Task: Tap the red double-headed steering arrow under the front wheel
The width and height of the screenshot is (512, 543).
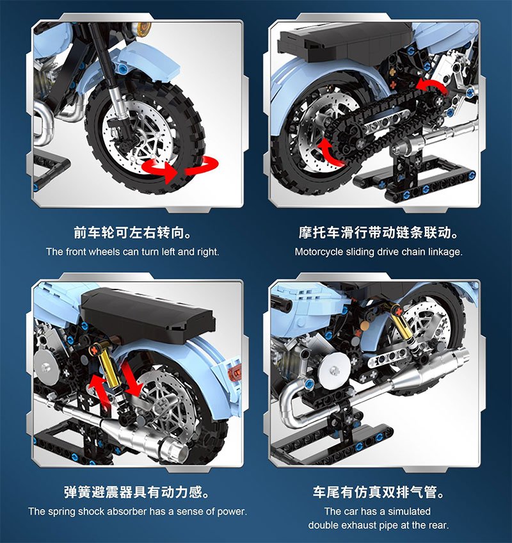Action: tap(180, 170)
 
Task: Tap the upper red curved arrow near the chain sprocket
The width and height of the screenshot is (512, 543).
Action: tap(431, 86)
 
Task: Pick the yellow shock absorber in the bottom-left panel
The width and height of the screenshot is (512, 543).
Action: tap(108, 369)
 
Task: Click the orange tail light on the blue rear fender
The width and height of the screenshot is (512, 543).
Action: tap(236, 371)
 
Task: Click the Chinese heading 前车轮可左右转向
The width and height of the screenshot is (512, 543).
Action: tap(132, 232)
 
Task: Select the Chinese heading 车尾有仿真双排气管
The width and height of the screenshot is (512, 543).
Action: tap(378, 492)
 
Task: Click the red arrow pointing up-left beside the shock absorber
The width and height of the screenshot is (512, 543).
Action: tap(99, 391)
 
